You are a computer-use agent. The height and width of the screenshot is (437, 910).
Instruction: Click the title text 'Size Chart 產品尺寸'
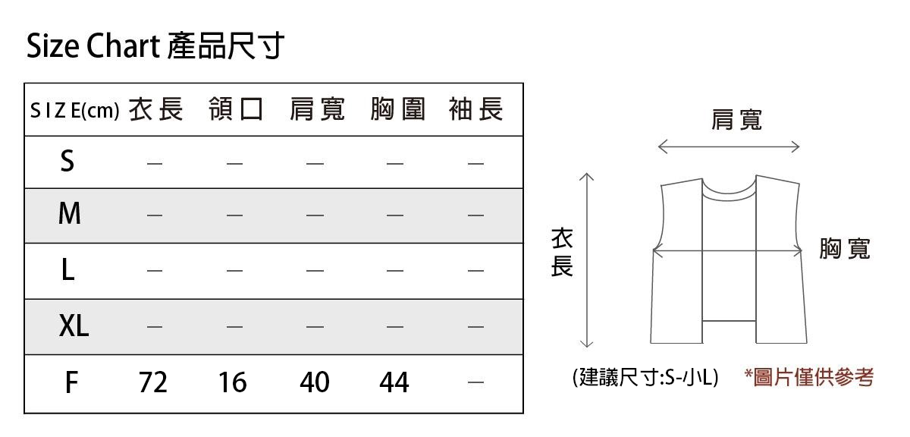tap(155, 47)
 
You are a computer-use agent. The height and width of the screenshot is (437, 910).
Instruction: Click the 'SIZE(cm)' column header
tap(74, 112)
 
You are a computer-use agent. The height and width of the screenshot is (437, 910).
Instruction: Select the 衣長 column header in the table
tap(155, 110)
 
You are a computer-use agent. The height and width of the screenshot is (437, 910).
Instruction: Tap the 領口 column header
tap(236, 110)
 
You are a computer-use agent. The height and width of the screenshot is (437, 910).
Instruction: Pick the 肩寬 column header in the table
tap(316, 110)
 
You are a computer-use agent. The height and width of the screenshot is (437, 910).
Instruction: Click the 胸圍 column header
tap(397, 110)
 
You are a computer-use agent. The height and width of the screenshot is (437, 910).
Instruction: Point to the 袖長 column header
tap(475, 110)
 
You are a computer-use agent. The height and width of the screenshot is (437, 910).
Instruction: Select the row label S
tap(67, 162)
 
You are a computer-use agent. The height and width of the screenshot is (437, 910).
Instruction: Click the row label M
tap(69, 215)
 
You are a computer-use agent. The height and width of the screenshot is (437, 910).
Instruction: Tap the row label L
tap(68, 269)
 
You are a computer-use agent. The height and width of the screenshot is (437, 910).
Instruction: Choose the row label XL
tap(74, 326)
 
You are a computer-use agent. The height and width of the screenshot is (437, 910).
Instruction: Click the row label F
tap(71, 382)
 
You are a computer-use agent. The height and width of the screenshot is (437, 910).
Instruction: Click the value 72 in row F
tap(153, 382)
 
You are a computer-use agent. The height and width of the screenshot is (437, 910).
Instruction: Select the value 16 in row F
tap(233, 382)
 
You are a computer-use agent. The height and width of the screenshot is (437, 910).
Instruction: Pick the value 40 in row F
tap(315, 382)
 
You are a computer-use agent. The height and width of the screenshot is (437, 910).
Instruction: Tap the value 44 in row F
tap(394, 382)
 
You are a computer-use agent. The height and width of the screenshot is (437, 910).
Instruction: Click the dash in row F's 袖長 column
tap(475, 382)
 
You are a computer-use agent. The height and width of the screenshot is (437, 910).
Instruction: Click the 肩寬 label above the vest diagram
tap(736, 120)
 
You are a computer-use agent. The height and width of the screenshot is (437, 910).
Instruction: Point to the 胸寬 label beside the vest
tap(845, 249)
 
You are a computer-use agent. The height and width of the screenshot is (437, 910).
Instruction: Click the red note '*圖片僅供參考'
tap(809, 377)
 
